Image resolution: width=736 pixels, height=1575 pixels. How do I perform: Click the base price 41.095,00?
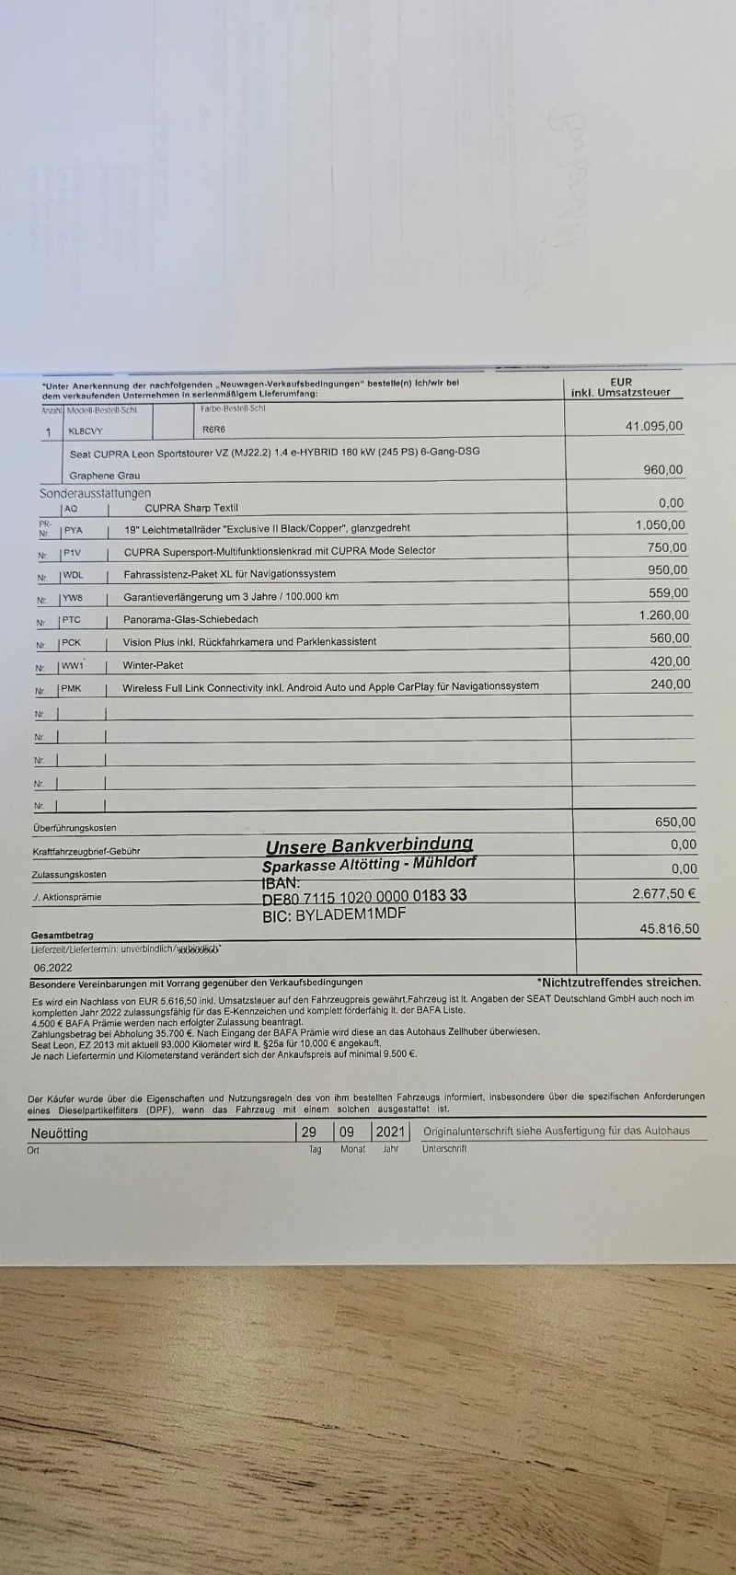pos(654,426)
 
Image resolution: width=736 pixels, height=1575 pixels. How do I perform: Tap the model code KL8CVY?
pos(86,431)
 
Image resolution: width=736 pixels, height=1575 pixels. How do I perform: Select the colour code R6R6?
pos(213,430)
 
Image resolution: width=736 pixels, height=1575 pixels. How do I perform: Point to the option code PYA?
pos(73,531)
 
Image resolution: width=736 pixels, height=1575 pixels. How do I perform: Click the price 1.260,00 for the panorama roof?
pos(663,615)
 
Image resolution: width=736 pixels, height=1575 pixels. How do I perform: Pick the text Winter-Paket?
pos(153,665)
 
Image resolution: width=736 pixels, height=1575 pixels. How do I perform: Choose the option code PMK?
pos(72,688)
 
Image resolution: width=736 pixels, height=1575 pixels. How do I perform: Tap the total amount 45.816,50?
pos(669,929)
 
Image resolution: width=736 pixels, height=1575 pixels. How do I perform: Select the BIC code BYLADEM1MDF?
pos(334,914)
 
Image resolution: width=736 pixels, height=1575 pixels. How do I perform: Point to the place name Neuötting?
pos(59,1133)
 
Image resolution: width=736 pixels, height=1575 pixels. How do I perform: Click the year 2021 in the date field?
pos(390,1132)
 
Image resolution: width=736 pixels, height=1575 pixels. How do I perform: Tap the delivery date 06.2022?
pos(53,968)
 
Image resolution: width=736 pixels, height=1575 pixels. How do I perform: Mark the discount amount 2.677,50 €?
pos(663,893)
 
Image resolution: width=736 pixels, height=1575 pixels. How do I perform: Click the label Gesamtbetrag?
pos(62,935)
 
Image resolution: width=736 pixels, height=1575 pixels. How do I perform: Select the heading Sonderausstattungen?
pos(95,494)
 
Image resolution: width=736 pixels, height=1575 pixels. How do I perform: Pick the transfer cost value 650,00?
pos(675,822)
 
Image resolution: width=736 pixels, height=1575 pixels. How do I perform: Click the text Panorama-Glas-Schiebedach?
pos(190,619)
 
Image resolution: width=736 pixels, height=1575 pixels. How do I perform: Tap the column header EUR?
pos(621,382)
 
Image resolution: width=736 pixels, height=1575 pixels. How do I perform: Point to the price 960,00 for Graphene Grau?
pos(662,470)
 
